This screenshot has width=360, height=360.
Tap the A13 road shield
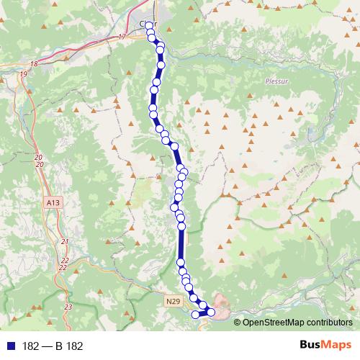click(x=53, y=204)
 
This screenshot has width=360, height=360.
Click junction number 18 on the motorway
click(x=34, y=64)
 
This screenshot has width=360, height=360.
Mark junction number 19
click(x=24, y=74)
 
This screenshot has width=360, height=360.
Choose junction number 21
click(x=65, y=241)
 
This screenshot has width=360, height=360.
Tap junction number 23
click(x=68, y=307)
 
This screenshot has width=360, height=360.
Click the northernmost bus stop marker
click(x=149, y=26)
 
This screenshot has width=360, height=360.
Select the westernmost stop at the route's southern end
click(x=194, y=314)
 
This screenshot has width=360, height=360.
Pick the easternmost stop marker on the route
click(x=211, y=311)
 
